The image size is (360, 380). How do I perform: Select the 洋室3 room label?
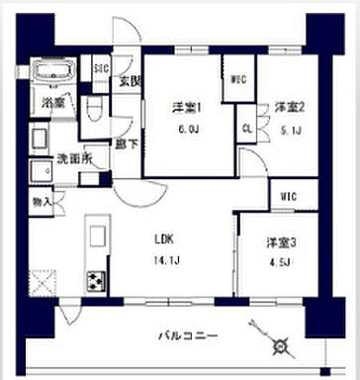[x=278, y=243]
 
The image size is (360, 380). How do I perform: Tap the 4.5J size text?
[x=278, y=261]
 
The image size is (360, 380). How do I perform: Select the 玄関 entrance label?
[x=128, y=81]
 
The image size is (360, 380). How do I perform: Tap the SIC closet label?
[x=100, y=69]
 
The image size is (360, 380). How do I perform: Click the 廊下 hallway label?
[x=126, y=144]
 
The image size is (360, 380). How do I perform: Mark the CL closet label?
[x=245, y=128]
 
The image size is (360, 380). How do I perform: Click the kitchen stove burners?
[x=96, y=281]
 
